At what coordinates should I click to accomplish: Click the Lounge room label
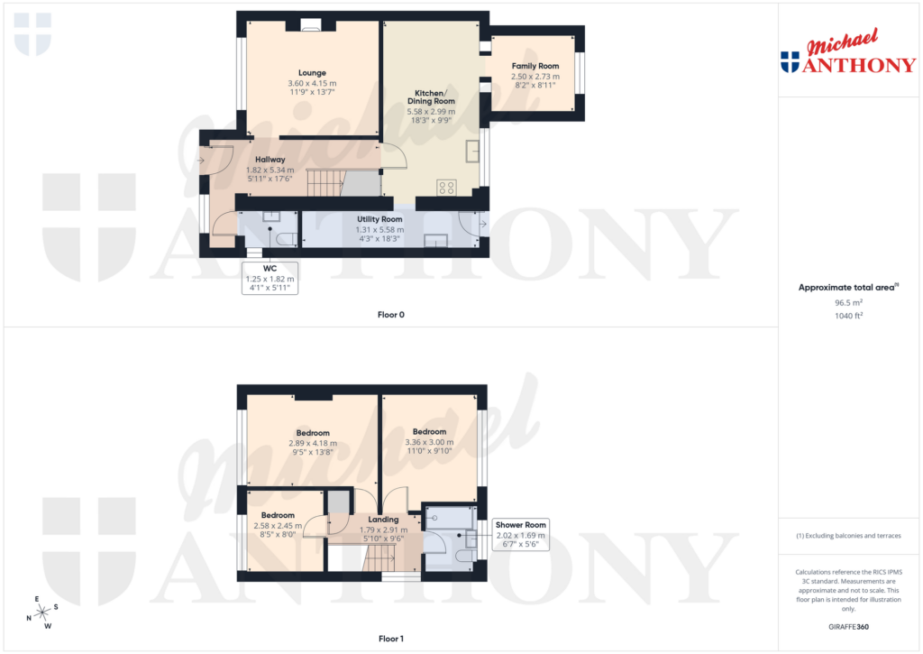point(313,73)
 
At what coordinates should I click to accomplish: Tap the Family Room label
point(535,66)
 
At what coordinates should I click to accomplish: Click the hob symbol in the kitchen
point(446,188)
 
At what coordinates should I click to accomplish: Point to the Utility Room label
point(379,219)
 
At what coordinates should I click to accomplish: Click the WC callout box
point(270,279)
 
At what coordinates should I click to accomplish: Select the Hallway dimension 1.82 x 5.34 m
point(270,169)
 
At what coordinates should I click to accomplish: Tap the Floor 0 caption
point(391,315)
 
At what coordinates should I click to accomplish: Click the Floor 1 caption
point(391,639)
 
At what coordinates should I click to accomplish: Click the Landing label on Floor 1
point(384,520)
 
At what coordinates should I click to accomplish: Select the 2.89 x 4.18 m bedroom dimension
point(313,443)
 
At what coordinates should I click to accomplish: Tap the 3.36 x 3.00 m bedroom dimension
point(429,442)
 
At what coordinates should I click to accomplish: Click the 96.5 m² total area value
point(847,303)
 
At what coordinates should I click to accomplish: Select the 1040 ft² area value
point(847,316)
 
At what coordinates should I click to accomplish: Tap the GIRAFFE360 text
point(847,627)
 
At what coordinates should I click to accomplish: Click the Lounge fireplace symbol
point(312,26)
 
